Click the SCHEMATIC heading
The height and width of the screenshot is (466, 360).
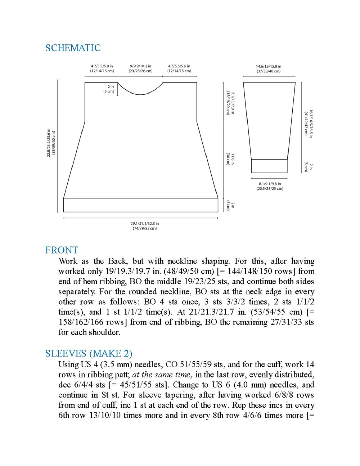pos(73,48)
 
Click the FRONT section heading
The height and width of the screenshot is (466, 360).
pos(62,250)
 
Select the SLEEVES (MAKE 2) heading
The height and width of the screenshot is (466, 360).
pos(89,353)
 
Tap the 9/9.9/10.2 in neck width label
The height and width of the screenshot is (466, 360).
pos(140,68)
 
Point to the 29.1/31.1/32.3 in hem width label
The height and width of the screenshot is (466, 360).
pos(145,226)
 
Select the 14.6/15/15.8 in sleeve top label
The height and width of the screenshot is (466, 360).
pos(269,69)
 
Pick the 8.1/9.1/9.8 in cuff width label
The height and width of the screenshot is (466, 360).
pos(270,186)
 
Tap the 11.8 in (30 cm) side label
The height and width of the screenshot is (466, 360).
pos(230,159)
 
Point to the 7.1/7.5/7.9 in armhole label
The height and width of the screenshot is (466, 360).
pos(230,103)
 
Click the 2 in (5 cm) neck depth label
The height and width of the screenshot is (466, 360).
pos(109,89)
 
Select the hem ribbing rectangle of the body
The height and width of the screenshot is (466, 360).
pos(141,205)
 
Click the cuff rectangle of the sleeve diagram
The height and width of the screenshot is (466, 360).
pos(269,166)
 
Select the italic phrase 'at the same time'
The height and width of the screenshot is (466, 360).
pos(162,375)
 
